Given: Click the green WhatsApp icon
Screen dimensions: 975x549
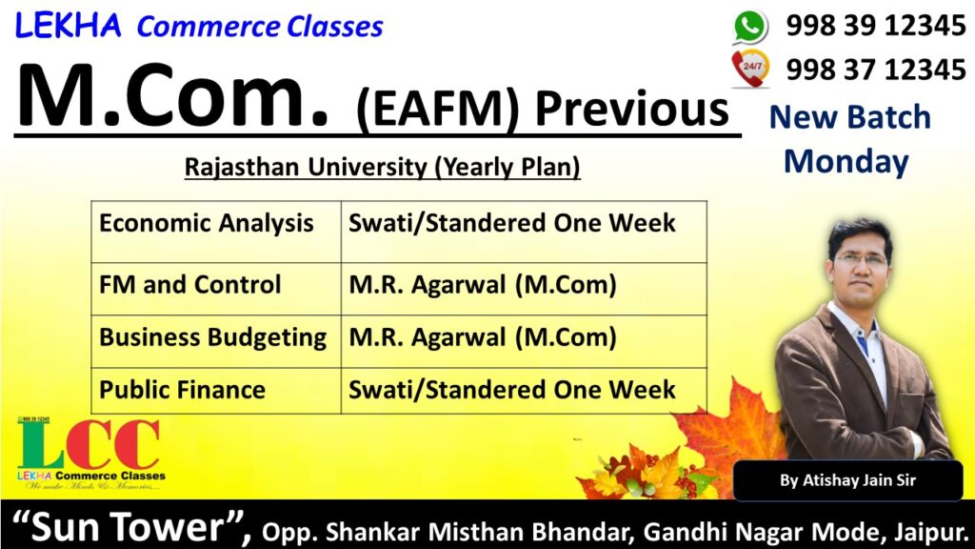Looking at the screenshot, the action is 750,27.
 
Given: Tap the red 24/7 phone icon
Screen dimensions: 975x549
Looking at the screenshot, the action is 750,68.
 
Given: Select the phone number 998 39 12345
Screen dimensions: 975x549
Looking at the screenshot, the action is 876,26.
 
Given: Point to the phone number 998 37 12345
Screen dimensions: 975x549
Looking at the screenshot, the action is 876,69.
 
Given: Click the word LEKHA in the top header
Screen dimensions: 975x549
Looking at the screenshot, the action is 68,26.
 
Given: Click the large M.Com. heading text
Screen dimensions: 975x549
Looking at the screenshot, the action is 173,96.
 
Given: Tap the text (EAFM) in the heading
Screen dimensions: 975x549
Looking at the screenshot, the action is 438,111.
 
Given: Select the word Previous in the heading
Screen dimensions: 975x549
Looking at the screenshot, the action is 632,110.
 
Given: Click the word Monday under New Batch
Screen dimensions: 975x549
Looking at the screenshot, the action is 846,162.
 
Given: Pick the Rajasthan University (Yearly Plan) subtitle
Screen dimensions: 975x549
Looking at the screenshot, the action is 383,167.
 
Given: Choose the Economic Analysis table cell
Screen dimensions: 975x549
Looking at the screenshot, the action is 216,232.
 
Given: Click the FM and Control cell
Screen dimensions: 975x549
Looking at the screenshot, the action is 216,289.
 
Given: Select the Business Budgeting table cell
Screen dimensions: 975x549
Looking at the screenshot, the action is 216,341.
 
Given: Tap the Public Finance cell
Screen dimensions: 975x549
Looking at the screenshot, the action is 216,390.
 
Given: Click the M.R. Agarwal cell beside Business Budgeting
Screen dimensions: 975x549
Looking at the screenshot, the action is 524,341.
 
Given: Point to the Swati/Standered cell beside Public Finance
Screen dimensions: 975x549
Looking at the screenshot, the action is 524,390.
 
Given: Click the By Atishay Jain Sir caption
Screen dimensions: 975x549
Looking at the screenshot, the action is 847,480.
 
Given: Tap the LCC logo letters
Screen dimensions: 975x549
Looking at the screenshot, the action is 89,444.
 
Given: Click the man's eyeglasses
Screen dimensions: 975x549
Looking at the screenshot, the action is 860,259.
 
